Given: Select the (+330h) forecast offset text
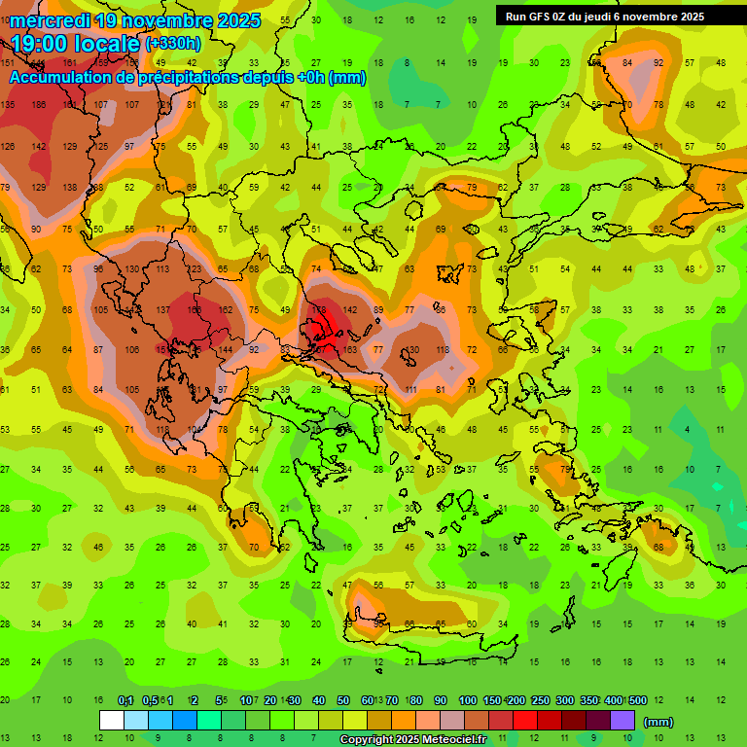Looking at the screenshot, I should point(172,44).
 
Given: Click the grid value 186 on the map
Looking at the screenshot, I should point(39,104).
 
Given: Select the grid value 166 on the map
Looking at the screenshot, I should point(195,309).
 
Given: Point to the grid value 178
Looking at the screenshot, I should point(319,309).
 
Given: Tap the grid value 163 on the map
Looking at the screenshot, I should point(350,349).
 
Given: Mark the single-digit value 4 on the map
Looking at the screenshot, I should point(688,429).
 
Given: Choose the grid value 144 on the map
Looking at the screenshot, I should point(225,349).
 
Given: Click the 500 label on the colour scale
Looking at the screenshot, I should point(638,700).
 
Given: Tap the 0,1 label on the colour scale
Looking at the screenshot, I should point(125,700).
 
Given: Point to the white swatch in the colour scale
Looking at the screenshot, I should point(112,721).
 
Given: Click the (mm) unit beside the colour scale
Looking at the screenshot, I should point(658,722).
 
